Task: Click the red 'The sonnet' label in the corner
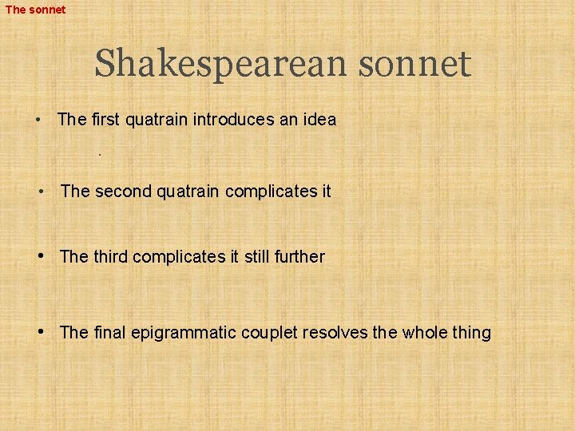[35, 10]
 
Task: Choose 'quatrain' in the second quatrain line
[188, 192]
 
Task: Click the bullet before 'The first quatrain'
[38, 121]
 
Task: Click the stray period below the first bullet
[99, 153]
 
